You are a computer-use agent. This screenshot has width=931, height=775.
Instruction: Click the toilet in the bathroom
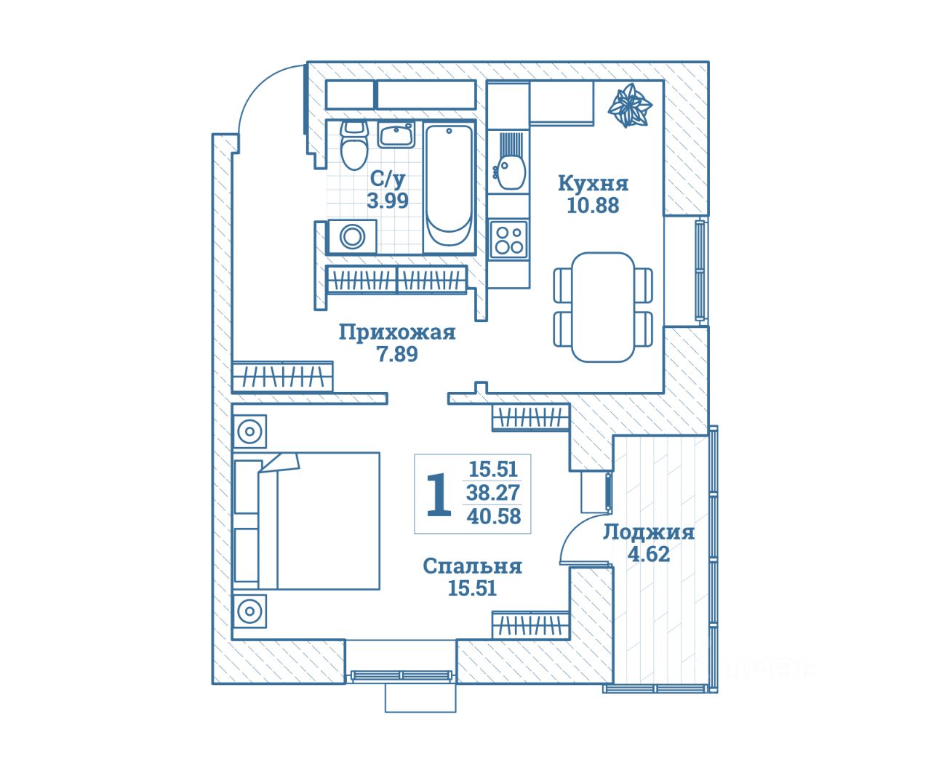(354, 148)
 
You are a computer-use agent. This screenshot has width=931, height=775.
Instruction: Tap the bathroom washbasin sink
(396, 135)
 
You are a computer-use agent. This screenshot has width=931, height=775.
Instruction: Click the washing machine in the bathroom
(353, 237)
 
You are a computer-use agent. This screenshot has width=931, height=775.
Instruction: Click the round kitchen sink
(510, 172)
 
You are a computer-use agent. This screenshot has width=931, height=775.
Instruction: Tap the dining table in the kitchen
(602, 306)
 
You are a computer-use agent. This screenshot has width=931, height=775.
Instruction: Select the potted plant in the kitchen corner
(629, 107)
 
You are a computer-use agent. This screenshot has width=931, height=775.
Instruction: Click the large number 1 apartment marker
(437, 494)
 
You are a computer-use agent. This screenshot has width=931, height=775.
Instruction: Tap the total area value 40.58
(494, 517)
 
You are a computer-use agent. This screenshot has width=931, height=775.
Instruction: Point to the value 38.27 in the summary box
(493, 493)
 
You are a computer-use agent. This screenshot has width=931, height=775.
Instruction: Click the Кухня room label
(593, 183)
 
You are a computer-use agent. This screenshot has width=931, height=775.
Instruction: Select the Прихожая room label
(397, 333)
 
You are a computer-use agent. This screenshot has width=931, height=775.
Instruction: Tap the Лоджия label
(648, 532)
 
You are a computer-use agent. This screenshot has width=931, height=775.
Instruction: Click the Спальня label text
(473, 566)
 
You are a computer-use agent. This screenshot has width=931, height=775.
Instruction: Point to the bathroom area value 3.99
(388, 201)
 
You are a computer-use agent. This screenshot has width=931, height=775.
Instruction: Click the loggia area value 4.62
(649, 554)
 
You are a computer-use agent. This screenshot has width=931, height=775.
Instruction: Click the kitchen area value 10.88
(593, 205)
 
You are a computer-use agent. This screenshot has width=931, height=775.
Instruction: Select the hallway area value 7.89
(397, 355)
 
